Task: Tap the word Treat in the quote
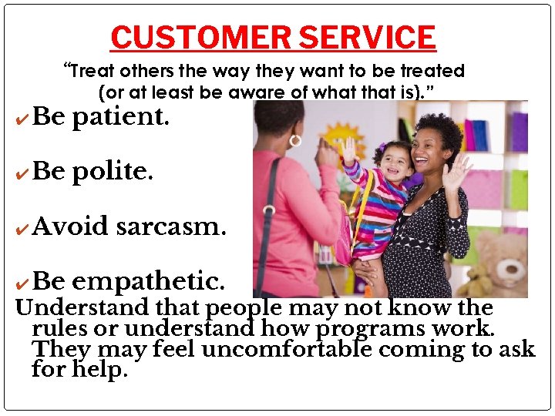[93, 72]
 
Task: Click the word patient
[122, 118]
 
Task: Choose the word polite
[113, 172]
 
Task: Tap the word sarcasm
[171, 227]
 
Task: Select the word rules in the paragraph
[56, 329]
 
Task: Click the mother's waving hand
[454, 173]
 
